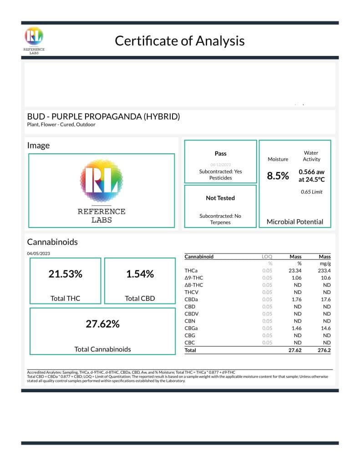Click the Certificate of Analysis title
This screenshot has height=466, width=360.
tap(179, 41)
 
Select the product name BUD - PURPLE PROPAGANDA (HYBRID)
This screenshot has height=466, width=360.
tap(104, 116)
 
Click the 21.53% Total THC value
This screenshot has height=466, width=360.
tap(65, 274)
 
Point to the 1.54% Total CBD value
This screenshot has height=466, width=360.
tap(140, 274)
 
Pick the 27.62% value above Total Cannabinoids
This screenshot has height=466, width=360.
tap(102, 324)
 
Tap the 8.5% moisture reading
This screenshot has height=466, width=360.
tap(278, 176)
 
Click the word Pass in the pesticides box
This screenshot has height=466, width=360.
tap(220, 154)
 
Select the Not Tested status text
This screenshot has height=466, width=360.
tap(220, 198)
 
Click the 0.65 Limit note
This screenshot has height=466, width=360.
tap(311, 192)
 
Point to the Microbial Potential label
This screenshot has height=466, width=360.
tap(295, 222)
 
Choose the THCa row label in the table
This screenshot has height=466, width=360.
tap(191, 271)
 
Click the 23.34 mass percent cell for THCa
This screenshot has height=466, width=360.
tap(296, 271)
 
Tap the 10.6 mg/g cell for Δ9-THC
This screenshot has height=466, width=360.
tap(325, 278)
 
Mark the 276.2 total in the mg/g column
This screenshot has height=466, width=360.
tap(324, 351)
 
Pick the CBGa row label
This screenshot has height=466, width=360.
tap(192, 328)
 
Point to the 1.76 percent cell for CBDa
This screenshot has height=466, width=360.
tap(297, 299)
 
